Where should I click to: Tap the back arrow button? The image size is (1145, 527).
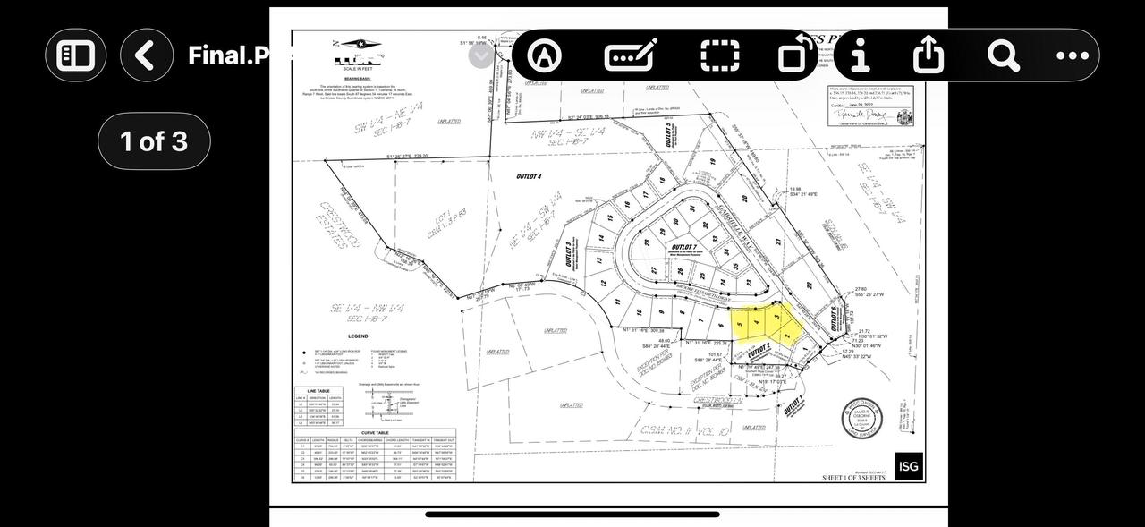tap(147, 55)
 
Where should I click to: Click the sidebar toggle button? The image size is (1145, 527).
tap(76, 55)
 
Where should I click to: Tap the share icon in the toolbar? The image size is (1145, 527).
tap(929, 55)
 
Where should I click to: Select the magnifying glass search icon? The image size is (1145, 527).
tap(1003, 55)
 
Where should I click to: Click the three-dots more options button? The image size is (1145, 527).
tap(1073, 55)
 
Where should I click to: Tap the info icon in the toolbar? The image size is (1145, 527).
tap(861, 55)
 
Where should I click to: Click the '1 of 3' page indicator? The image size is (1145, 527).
tap(154, 141)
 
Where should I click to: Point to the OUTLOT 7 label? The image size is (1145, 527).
tap(683, 247)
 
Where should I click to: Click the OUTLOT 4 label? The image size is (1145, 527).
tap(529, 177)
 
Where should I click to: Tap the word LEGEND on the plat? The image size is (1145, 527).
tap(358, 336)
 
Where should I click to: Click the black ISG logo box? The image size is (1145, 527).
tap(908, 465)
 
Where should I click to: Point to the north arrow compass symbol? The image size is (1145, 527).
tap(360, 45)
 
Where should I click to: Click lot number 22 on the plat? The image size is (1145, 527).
tap(809, 286)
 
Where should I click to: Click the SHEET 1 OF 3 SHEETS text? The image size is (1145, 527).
tap(853, 478)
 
